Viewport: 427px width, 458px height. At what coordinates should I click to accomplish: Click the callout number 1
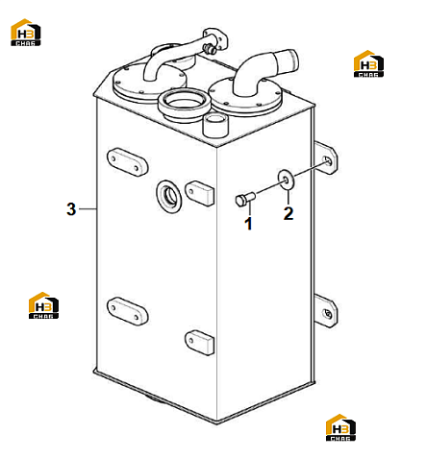click(x=248, y=224)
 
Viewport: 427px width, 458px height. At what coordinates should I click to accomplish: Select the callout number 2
click(x=289, y=213)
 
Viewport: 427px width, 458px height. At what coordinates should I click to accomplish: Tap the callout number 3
click(x=71, y=209)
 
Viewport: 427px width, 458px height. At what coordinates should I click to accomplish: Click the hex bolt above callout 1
click(x=245, y=199)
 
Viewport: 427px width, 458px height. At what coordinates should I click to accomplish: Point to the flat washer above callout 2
click(x=287, y=181)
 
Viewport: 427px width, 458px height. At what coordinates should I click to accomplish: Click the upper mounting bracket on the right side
click(x=326, y=157)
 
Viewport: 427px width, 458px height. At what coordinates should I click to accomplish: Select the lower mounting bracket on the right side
click(x=325, y=311)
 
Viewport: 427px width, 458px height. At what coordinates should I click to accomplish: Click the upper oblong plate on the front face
click(x=127, y=162)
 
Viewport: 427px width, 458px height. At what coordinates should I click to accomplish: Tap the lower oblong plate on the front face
click(x=127, y=311)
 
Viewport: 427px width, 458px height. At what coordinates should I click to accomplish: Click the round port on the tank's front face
click(x=168, y=197)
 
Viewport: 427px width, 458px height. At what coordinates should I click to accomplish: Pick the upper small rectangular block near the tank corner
click(x=200, y=193)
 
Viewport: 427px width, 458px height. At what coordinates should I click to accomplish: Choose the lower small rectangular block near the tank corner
click(x=199, y=342)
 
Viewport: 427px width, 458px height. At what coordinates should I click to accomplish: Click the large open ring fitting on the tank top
click(x=184, y=105)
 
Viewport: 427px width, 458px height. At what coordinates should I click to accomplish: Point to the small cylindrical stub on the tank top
click(x=215, y=125)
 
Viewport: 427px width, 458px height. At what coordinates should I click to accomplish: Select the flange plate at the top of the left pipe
click(x=215, y=39)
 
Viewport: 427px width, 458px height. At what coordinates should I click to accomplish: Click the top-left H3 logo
click(x=26, y=32)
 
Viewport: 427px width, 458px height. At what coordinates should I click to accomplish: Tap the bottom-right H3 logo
click(x=340, y=427)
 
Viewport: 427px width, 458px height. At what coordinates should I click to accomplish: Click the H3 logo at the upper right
click(x=368, y=63)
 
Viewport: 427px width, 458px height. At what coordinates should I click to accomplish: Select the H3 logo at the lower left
click(x=43, y=305)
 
